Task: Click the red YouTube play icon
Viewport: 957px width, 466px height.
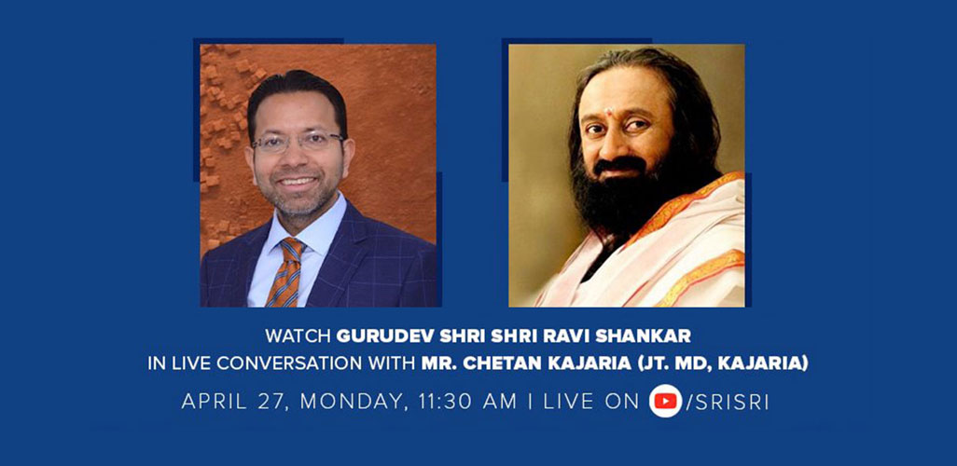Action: pos(665,402)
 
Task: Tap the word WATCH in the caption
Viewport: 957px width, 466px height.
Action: pos(298,336)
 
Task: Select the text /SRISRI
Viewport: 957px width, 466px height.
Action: pos(727,402)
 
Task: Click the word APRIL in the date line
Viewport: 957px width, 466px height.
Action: pos(213,402)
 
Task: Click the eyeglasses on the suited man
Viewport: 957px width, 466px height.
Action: pos(298,142)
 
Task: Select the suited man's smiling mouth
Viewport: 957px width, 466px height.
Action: pos(298,182)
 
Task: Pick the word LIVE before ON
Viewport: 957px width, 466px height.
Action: pos(572,402)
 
